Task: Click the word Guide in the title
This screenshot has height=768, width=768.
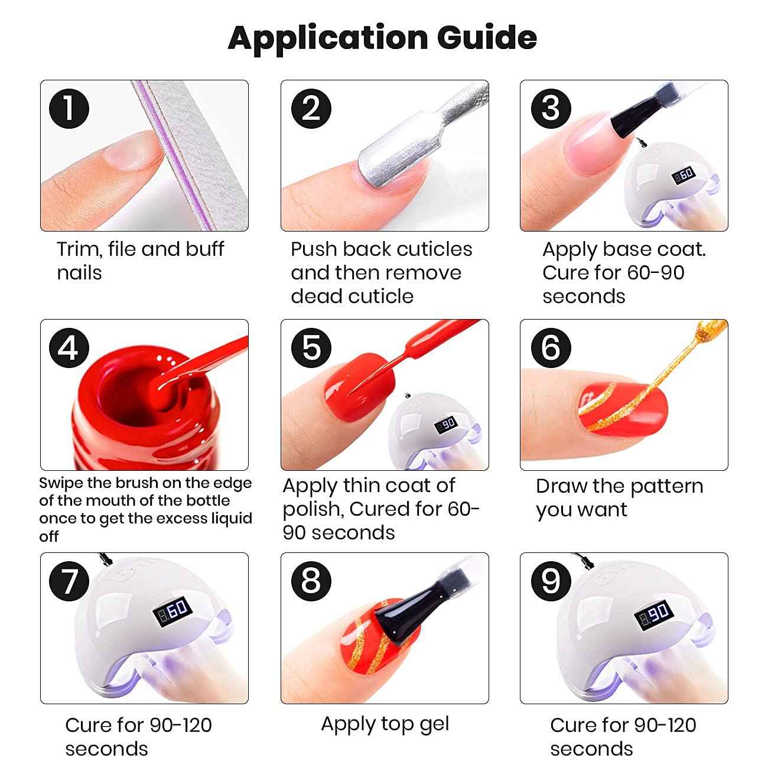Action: pos(487,38)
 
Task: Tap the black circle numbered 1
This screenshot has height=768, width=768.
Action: pos(69,109)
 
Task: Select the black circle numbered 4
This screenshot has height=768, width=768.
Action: pos(69,347)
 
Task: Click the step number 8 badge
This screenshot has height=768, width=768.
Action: pos(311,581)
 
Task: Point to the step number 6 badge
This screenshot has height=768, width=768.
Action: pos(551,347)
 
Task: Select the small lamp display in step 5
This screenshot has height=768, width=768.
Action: pos(445,425)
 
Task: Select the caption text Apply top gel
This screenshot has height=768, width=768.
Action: pos(385,724)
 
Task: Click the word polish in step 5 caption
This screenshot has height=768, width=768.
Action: pos(313,509)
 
